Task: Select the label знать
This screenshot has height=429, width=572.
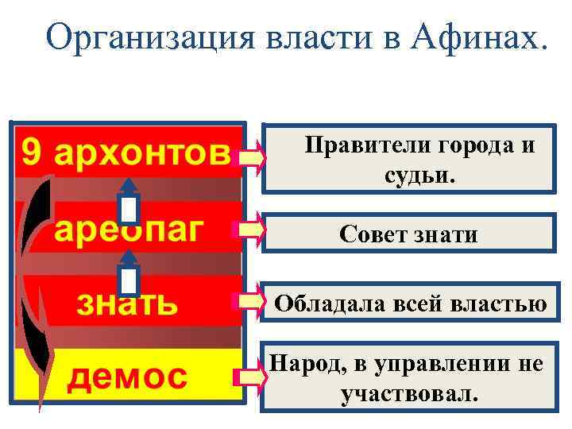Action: point(127,303)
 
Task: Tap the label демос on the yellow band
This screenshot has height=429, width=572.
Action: point(127,376)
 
